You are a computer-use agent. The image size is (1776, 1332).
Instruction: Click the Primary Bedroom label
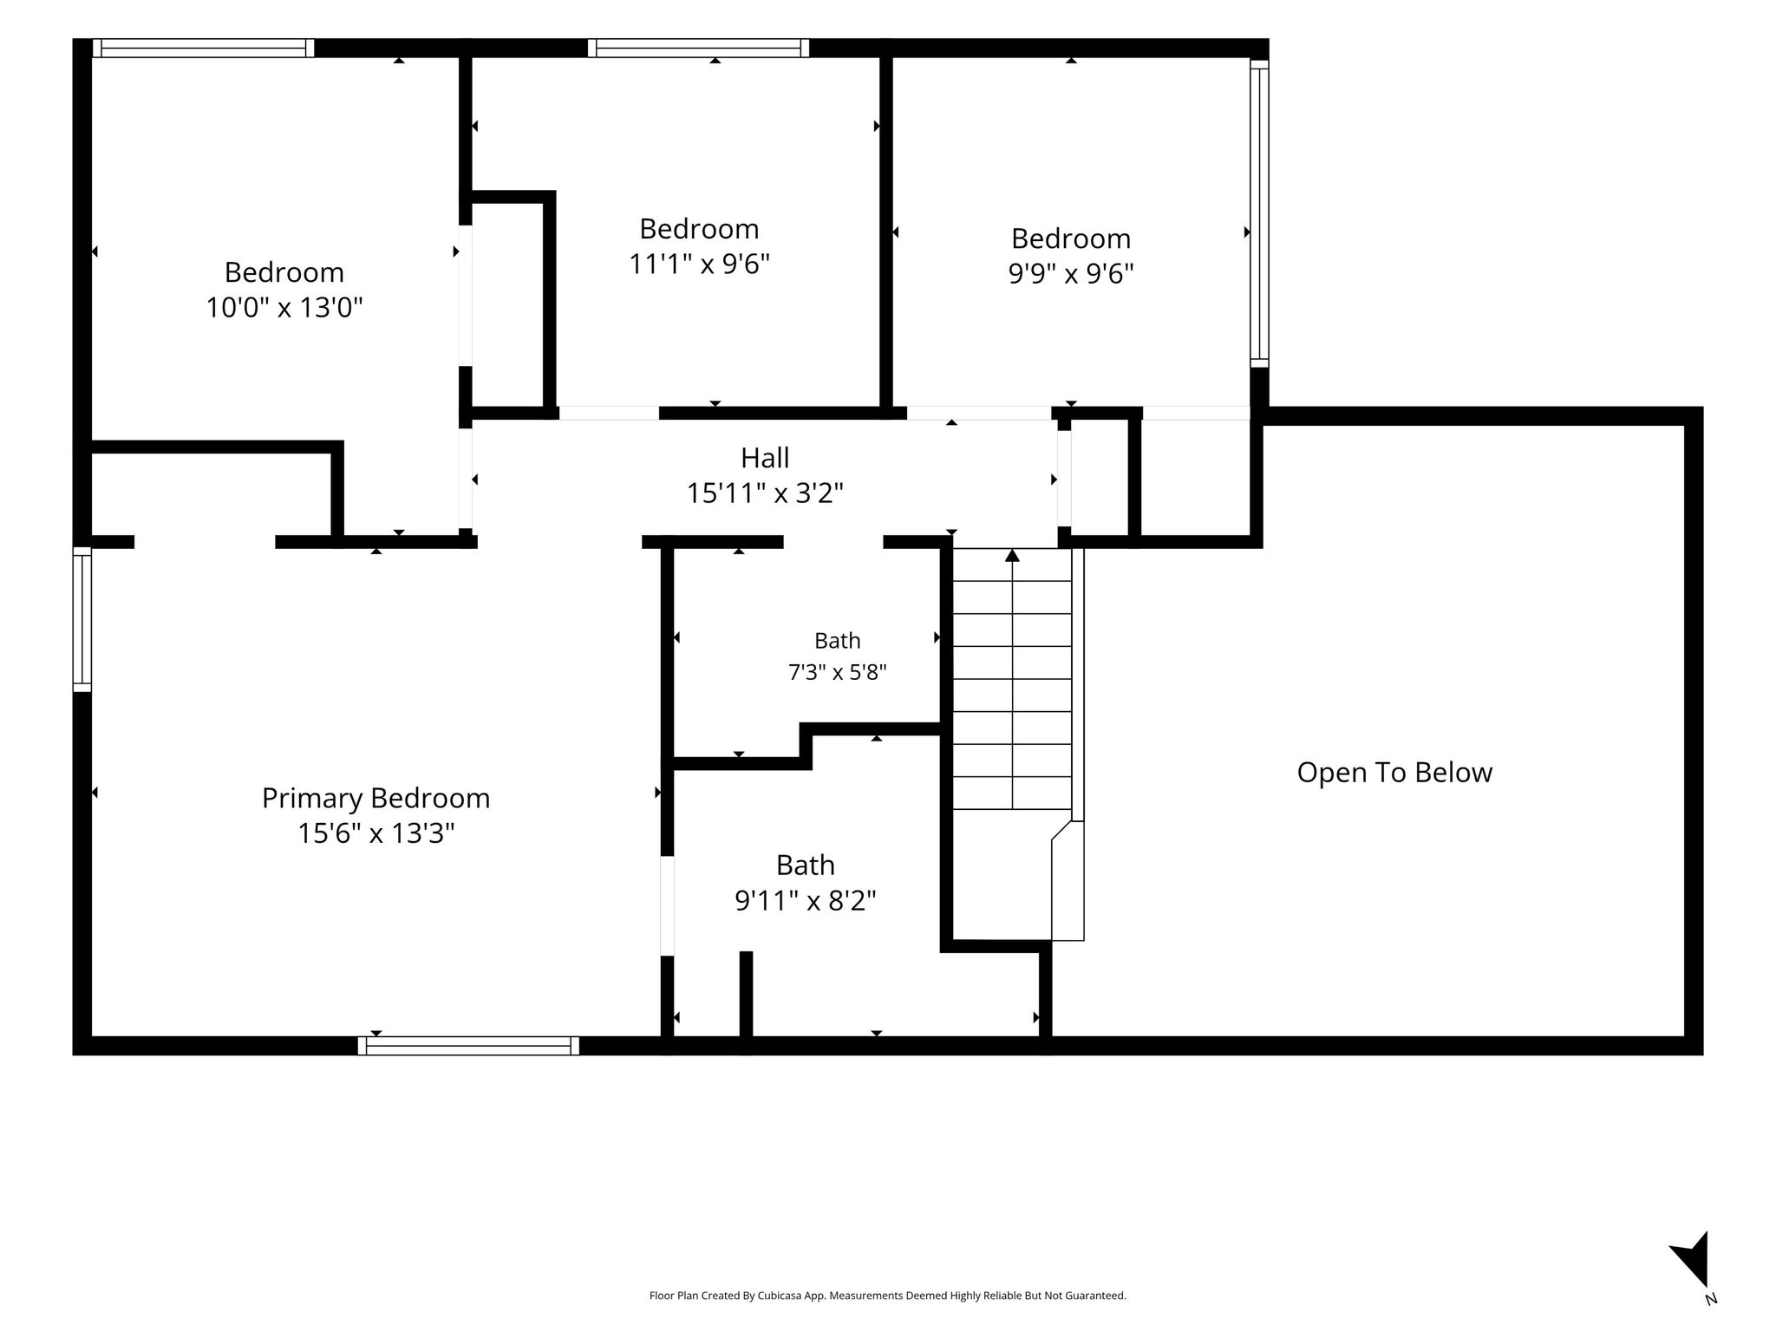[x=375, y=799]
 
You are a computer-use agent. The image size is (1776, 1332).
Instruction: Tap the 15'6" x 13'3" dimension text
[x=375, y=833]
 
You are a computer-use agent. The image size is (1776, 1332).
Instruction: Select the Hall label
[x=765, y=457]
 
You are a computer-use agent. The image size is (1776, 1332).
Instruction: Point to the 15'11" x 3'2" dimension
[x=765, y=493]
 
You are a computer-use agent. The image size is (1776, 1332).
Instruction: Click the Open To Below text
[x=1394, y=773]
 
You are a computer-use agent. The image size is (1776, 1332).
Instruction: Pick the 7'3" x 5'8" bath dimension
[x=837, y=672]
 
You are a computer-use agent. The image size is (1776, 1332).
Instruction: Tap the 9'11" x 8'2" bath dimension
[x=806, y=901]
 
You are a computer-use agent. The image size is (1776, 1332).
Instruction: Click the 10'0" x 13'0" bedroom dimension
[x=284, y=307]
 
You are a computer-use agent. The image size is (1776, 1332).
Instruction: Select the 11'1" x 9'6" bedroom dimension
[x=699, y=263]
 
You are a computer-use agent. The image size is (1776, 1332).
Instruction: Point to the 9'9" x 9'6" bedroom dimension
[x=1071, y=273]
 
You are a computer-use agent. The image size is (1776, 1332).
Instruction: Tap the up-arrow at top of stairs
[x=1012, y=555]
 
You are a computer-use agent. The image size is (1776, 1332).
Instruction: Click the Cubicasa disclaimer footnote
[x=887, y=1296]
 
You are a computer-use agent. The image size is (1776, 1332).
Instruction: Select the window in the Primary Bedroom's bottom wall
[x=468, y=1046]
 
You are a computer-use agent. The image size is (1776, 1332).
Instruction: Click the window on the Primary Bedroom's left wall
[x=82, y=619]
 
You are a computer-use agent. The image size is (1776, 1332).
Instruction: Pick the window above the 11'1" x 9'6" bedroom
[x=698, y=48]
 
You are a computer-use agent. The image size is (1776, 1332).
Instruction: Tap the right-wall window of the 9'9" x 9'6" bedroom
[x=1259, y=213]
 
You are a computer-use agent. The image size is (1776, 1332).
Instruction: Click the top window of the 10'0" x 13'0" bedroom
[x=203, y=48]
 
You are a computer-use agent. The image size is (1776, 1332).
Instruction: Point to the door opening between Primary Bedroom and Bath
[x=667, y=905]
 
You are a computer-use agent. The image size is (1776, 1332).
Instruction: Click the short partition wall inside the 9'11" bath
[x=746, y=994]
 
